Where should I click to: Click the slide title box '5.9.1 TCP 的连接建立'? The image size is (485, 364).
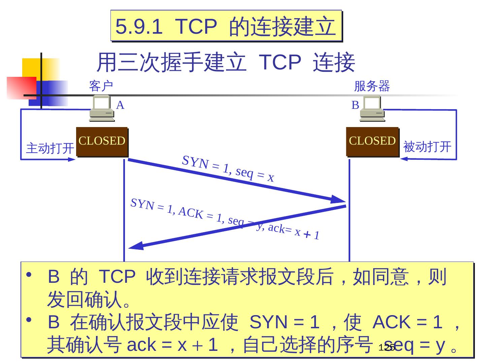point(226,26)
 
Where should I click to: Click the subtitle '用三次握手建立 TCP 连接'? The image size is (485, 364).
point(226,62)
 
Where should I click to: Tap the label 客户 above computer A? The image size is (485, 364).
point(101,86)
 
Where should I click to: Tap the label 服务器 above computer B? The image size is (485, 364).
point(372,86)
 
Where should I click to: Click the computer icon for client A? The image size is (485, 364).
point(101,108)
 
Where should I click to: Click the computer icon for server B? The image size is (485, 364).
point(372,108)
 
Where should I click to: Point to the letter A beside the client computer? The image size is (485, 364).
point(120,105)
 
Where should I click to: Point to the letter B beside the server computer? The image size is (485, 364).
point(355,105)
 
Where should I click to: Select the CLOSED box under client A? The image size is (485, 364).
point(102,142)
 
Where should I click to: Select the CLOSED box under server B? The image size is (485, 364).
point(372,142)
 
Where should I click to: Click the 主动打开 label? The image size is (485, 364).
point(50,148)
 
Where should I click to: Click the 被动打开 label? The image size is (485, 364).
point(427,147)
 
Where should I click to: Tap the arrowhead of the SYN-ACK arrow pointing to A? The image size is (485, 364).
point(136,246)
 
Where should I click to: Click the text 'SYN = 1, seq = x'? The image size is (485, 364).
point(228,169)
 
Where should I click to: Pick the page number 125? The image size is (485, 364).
point(386,348)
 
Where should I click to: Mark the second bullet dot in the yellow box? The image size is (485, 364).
point(30,320)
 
